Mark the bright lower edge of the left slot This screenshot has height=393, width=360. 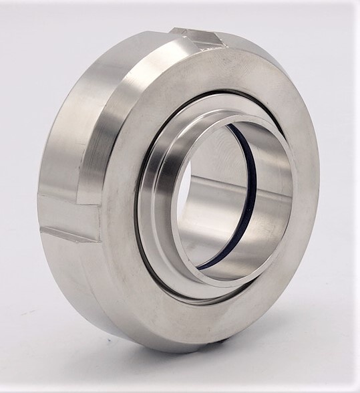click(67, 235)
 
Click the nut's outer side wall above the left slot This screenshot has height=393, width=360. click(63, 147)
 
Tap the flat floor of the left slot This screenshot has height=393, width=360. click(67, 217)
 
